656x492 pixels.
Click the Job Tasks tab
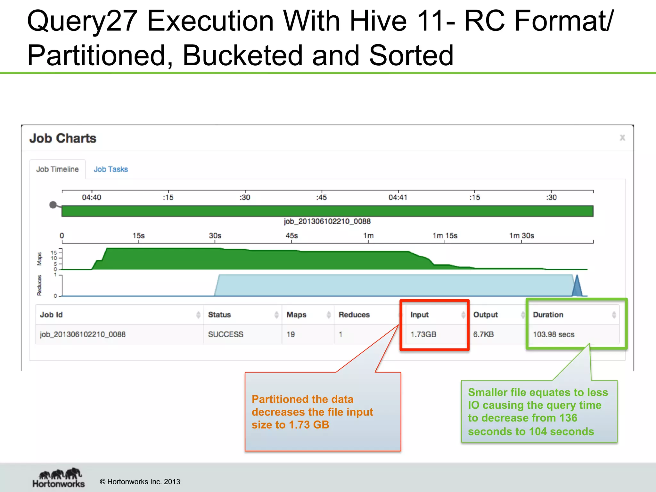tap(111, 169)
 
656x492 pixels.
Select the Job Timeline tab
tap(57, 169)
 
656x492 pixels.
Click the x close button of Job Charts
tap(622, 138)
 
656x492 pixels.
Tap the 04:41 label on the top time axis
tap(398, 197)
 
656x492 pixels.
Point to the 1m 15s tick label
tap(445, 236)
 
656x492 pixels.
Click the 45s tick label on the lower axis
tap(291, 236)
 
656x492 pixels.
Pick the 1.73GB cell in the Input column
tap(423, 334)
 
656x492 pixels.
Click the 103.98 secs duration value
tap(553, 334)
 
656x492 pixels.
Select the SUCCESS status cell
tap(225, 334)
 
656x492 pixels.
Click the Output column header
tap(485, 315)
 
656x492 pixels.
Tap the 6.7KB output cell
tap(483, 334)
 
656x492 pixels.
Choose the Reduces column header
tap(354, 315)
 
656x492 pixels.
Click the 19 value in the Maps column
tap(291, 334)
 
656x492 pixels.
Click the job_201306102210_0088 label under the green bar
tap(327, 221)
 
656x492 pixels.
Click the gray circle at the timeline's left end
tap(53, 205)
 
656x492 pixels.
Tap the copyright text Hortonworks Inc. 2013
tap(140, 482)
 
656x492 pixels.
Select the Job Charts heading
tap(63, 138)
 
